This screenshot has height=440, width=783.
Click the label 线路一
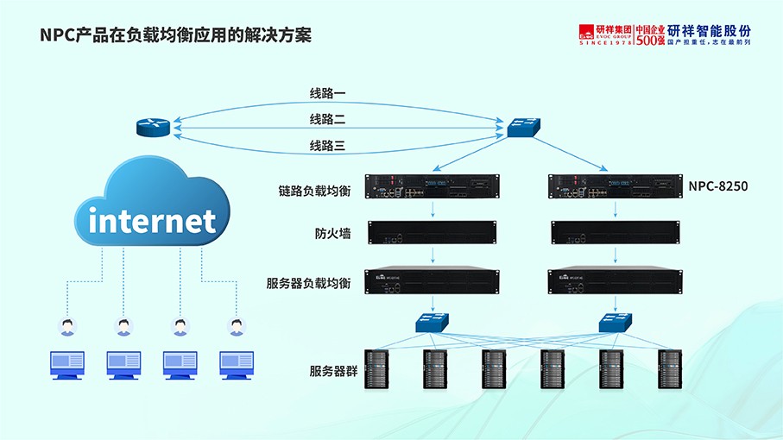(328, 93)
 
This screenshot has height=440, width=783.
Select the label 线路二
(328, 119)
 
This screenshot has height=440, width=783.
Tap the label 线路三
(328, 146)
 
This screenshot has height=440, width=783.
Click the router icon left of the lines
(154, 128)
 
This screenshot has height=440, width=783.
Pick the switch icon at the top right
(523, 128)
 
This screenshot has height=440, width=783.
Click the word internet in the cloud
(152, 221)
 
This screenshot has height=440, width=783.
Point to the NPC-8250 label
(717, 185)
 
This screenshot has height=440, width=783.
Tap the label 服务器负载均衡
(308, 282)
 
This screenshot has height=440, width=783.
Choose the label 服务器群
(333, 371)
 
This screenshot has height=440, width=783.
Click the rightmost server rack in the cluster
(670, 368)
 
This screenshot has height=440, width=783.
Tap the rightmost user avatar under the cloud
(237, 326)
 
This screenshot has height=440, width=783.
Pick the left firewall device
(433, 232)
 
